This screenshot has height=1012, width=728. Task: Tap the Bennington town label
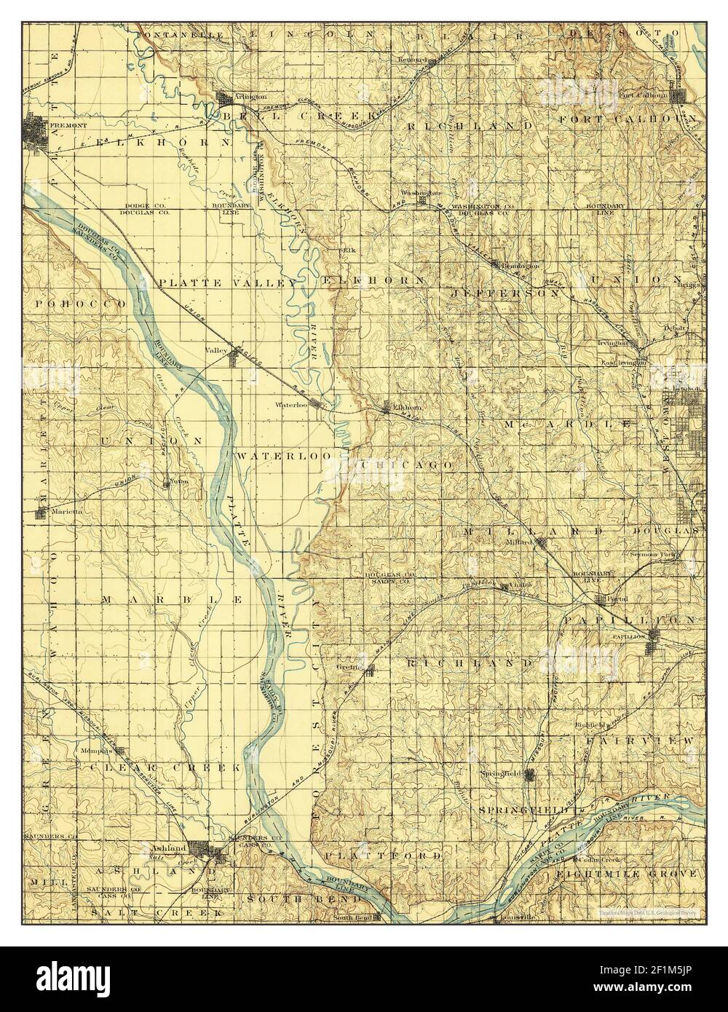pyautogui.click(x=518, y=266)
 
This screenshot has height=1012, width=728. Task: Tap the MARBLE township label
pyautogui.click(x=172, y=598)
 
